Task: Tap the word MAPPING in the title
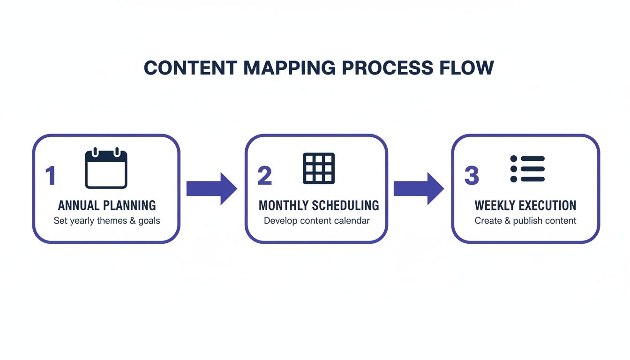tap(289, 68)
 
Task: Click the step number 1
tap(50, 176)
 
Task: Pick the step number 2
tap(264, 176)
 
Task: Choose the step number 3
tap(472, 176)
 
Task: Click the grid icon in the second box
tap(319, 168)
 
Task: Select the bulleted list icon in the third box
tap(527, 169)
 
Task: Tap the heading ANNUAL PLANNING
tap(107, 205)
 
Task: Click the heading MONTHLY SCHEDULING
tap(319, 205)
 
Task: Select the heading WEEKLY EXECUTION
tap(525, 205)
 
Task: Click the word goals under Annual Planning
tap(149, 221)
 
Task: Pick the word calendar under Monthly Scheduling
tap(352, 221)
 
